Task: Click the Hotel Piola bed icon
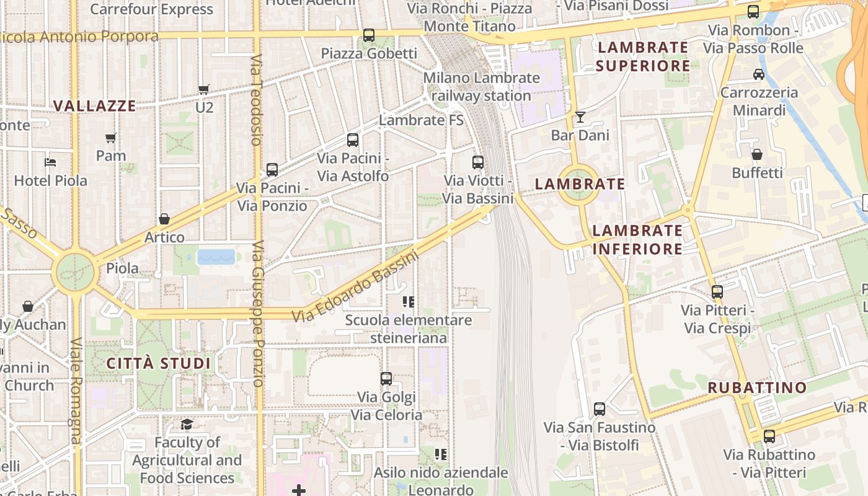click(50, 162)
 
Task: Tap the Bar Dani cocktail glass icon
click(580, 117)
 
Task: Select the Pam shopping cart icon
click(110, 138)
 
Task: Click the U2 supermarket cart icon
click(203, 89)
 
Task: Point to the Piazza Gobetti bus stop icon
click(369, 35)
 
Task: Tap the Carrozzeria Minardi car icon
click(758, 74)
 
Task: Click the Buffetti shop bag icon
click(757, 154)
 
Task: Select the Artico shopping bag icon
click(164, 219)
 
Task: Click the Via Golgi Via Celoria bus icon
click(386, 378)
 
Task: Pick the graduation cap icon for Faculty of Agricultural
click(187, 424)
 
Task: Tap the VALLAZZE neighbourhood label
click(94, 106)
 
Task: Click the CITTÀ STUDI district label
click(159, 363)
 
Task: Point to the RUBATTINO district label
click(758, 388)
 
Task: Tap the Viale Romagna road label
click(76, 391)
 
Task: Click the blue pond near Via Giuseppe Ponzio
click(216, 257)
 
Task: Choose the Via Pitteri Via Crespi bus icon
click(717, 291)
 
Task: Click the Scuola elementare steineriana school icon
click(408, 302)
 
